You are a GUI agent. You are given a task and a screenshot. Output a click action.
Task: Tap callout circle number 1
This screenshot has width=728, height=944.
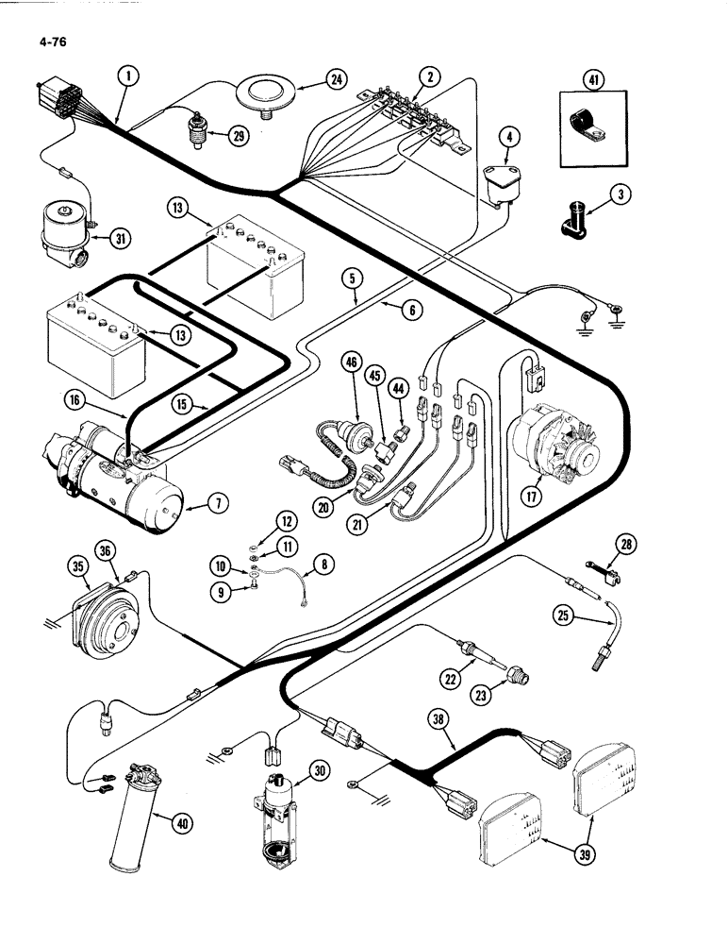pyautogui.click(x=129, y=77)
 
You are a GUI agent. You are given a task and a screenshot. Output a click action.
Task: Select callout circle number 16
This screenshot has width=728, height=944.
pyautogui.click(x=75, y=401)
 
